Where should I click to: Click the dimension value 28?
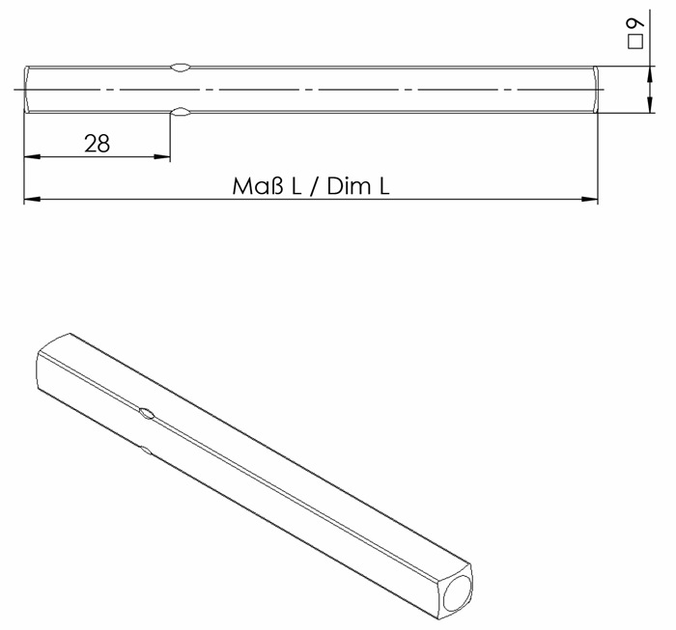click(x=97, y=143)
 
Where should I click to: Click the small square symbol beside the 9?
click(x=634, y=43)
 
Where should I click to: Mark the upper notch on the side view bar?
click(x=180, y=68)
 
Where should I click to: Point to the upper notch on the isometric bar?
click(x=146, y=414)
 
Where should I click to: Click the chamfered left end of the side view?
click(x=27, y=90)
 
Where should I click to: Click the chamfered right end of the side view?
click(x=593, y=90)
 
